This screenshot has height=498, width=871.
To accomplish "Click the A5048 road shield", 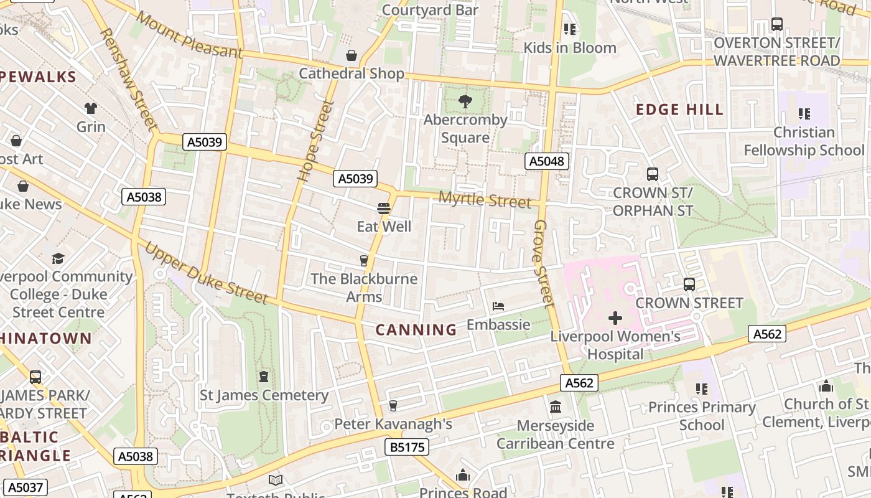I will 547,162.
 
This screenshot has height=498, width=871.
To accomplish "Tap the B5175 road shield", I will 408,447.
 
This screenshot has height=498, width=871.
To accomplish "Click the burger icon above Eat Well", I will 384,209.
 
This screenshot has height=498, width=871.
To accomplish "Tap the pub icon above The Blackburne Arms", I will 365,261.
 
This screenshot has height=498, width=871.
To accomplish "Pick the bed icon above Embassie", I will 498,306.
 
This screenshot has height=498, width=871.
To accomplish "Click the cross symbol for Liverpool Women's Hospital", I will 615,318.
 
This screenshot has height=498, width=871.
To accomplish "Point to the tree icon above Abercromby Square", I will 465,101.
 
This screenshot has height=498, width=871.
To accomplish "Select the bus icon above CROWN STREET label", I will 689,284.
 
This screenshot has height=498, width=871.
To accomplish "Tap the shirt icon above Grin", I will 91,108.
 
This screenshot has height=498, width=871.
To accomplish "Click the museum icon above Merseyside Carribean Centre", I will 556,407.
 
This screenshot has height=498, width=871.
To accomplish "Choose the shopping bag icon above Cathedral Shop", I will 352,55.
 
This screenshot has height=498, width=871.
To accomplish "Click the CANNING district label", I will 416,330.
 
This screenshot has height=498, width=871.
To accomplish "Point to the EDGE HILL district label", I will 679,110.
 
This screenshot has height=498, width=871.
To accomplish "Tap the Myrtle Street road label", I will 485,200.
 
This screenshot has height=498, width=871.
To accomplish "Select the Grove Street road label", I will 543,263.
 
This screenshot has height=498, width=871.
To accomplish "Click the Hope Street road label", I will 312,141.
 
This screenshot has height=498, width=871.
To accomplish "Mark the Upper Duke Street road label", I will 206,273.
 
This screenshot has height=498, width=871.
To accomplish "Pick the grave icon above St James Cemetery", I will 264,377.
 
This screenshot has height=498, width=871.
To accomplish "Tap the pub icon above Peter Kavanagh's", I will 393,406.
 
